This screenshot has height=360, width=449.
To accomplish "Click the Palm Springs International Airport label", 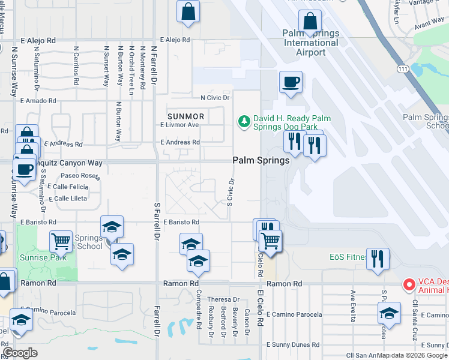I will pyautogui.click(x=311, y=43).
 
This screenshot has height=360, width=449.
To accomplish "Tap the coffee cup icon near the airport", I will pyautogui.click(x=291, y=82).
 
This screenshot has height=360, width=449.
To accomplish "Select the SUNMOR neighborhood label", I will pyautogui.click(x=186, y=116).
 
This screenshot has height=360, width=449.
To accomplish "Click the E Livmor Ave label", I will pyautogui.click(x=179, y=125).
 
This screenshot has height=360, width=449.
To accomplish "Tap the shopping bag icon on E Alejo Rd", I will pyautogui.click(x=188, y=11).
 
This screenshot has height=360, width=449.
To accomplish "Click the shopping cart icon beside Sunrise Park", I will pyautogui.click(x=61, y=242).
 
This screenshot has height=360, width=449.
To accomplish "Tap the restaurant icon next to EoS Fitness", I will pyautogui.click(x=377, y=259).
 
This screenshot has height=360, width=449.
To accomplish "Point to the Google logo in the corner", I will pyautogui.click(x=20, y=352).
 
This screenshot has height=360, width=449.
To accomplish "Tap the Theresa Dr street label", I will pyautogui.click(x=219, y=299).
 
